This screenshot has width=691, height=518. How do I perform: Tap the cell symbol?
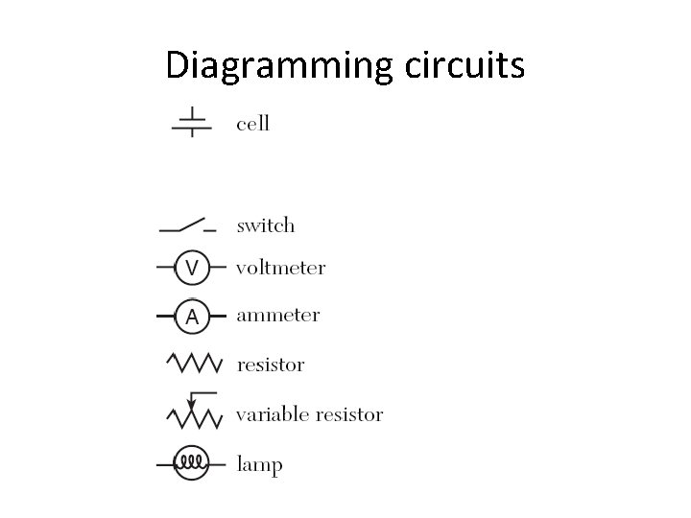click(192, 123)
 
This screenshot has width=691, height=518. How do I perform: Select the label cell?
click(253, 124)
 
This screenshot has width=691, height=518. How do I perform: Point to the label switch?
click(266, 226)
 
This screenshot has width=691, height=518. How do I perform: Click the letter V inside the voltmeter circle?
click(192, 268)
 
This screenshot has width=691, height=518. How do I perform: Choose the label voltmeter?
click(281, 269)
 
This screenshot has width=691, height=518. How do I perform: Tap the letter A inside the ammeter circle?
click(192, 316)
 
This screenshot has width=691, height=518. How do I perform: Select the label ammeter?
click(278, 316)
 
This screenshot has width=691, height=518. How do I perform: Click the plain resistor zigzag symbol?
click(195, 364)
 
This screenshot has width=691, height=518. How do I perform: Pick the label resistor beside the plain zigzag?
click(272, 365)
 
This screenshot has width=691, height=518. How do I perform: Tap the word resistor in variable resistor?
click(349, 415)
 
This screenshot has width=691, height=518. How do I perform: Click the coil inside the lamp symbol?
click(192, 464)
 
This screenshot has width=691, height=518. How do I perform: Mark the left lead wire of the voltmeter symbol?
click(165, 268)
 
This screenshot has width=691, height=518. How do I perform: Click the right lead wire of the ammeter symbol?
click(218, 316)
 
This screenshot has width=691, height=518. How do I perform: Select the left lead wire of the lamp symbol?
click(165, 464)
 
